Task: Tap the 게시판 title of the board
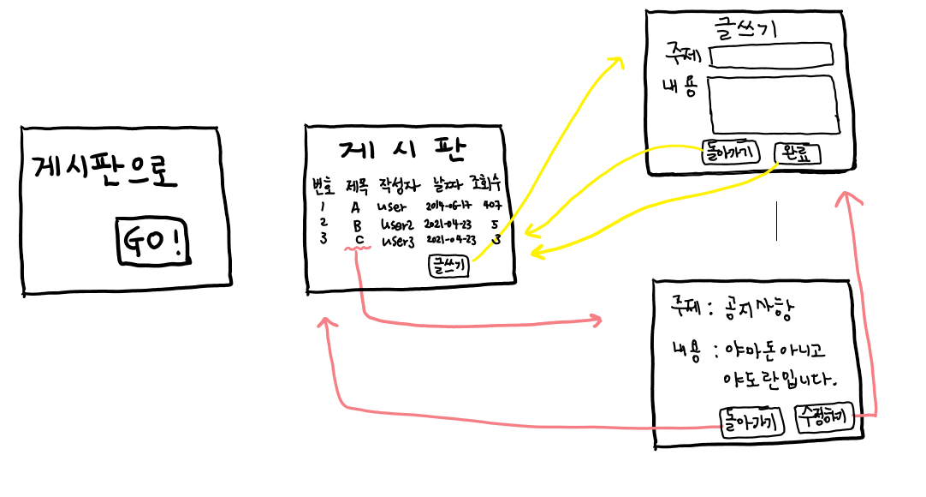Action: tap(402, 152)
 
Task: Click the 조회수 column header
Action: tap(486, 183)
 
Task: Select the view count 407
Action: tap(492, 207)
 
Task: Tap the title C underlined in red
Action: tap(359, 240)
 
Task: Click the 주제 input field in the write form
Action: tap(771, 56)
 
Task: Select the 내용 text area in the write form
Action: tap(771, 105)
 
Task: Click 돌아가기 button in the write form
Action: tap(730, 153)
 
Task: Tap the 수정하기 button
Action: tap(822, 418)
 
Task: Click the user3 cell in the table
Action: tap(398, 241)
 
